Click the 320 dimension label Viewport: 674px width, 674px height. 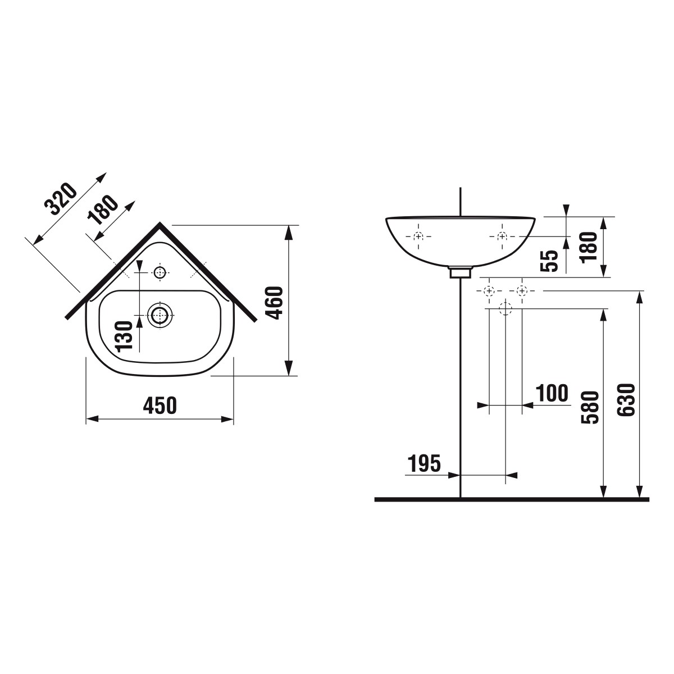(61, 198)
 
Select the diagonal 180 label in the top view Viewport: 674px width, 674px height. (103, 210)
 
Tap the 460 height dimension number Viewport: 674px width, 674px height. (274, 303)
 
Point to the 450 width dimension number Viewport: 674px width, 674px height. (160, 406)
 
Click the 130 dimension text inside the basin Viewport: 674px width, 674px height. (125, 337)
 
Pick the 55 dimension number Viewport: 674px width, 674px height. (549, 261)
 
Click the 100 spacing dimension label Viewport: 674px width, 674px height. (552, 393)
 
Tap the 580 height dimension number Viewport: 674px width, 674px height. (590, 407)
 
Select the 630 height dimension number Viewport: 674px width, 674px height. (626, 400)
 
